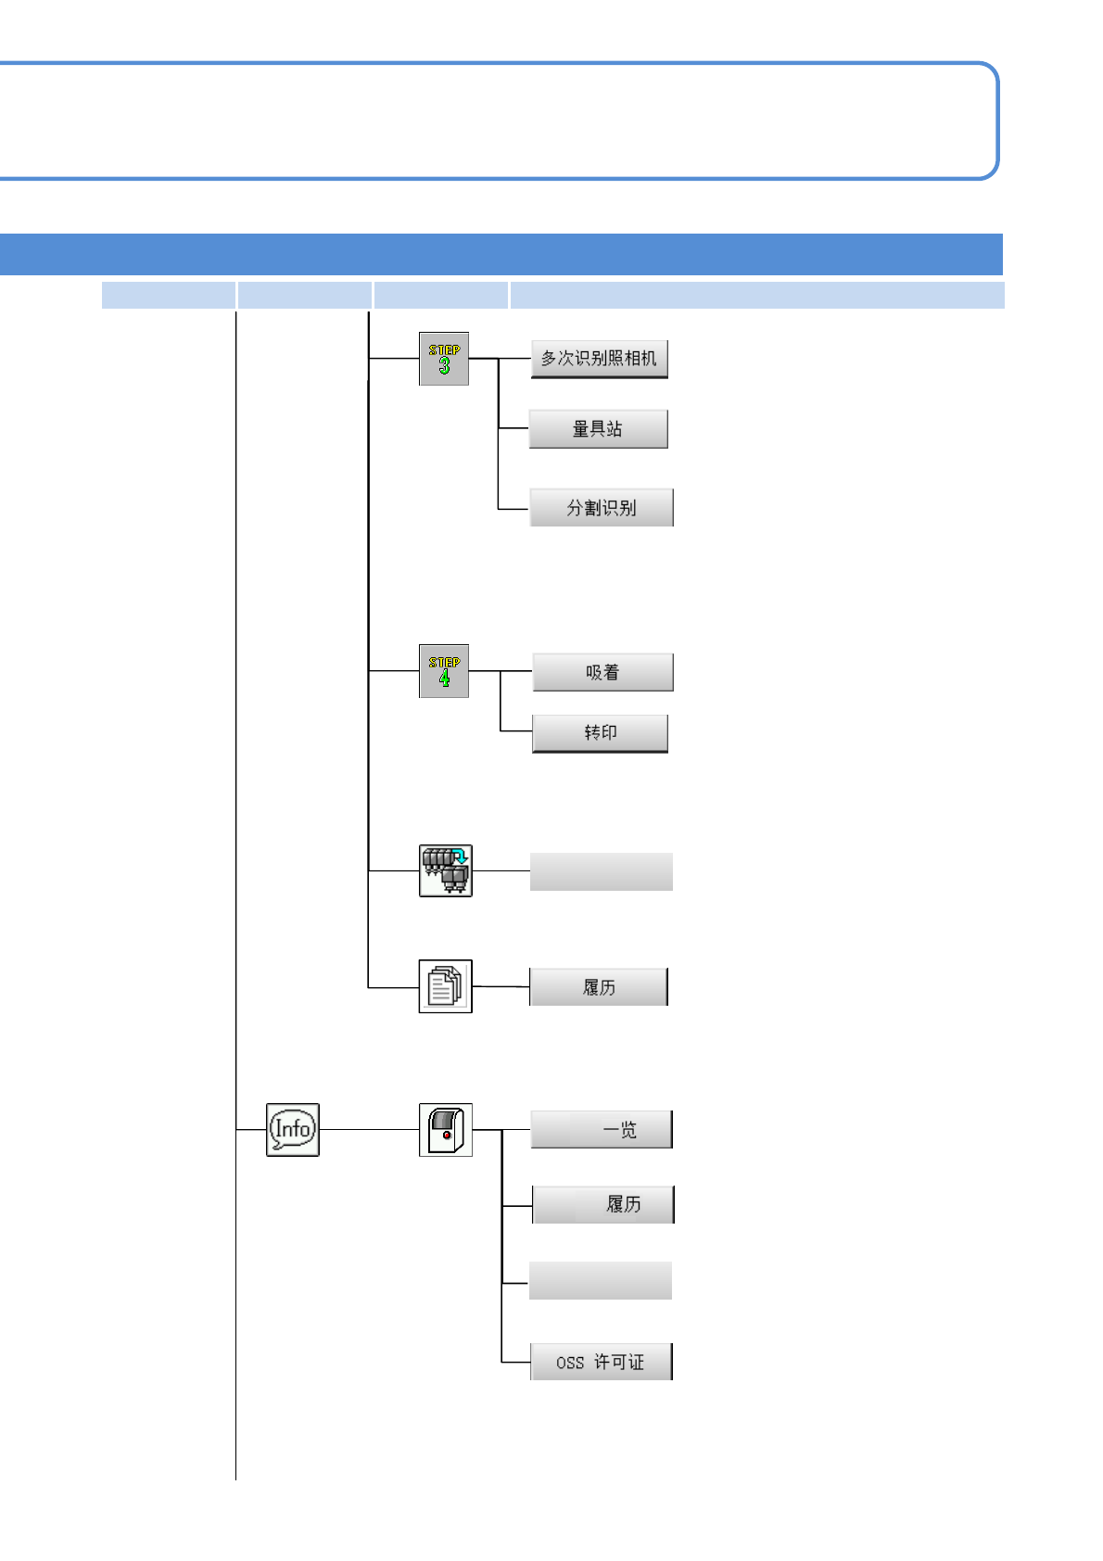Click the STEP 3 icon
click(444, 359)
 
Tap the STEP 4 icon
click(444, 671)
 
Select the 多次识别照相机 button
click(599, 359)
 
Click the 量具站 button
click(598, 429)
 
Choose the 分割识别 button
click(601, 508)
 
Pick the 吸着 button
click(602, 672)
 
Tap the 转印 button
click(600, 733)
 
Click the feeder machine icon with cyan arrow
click(446, 870)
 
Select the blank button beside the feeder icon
click(601, 872)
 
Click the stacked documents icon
click(446, 986)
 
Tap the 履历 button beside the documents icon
click(599, 987)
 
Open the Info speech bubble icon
click(293, 1129)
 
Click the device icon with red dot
click(446, 1129)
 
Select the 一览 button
click(601, 1130)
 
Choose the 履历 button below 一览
click(602, 1204)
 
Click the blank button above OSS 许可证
click(600, 1280)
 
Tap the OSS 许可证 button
click(601, 1362)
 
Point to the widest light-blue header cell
click(756, 295)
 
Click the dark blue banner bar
click(501, 255)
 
